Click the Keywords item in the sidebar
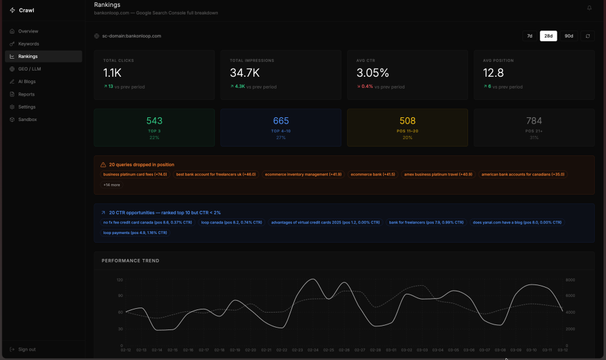(29, 44)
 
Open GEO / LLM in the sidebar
(29, 69)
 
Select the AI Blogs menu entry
(28, 82)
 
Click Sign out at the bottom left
(27, 349)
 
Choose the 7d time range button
(530, 36)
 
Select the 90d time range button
(569, 36)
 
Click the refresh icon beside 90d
(587, 36)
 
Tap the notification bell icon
(589, 8)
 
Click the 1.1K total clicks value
(112, 73)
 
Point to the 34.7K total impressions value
(245, 73)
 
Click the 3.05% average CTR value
(373, 73)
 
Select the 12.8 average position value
(493, 73)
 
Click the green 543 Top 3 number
(154, 121)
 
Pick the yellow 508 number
(407, 121)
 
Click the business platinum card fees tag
(135, 175)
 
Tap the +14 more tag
(112, 185)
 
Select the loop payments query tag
(135, 233)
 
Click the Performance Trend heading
(130, 261)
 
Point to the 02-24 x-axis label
(313, 350)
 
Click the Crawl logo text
(26, 10)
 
